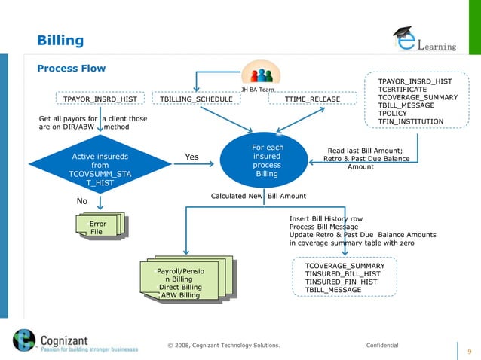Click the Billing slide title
pyautogui.click(x=60, y=40)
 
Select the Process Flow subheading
pyautogui.click(x=72, y=69)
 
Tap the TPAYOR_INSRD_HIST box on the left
pyautogui.click(x=100, y=99)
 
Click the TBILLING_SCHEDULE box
pyautogui.click(x=192, y=99)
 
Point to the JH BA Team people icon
pyautogui.click(x=262, y=77)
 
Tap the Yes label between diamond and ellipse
pyautogui.click(x=191, y=157)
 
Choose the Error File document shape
pyautogui.click(x=98, y=227)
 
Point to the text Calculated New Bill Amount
pyautogui.click(x=258, y=196)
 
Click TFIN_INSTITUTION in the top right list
pyautogui.click(x=411, y=122)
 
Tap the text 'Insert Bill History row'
pyautogui.click(x=326, y=218)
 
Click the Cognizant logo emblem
pyautogui.click(x=24, y=340)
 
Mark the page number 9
pyautogui.click(x=470, y=351)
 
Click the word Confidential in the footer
pyautogui.click(x=381, y=345)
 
